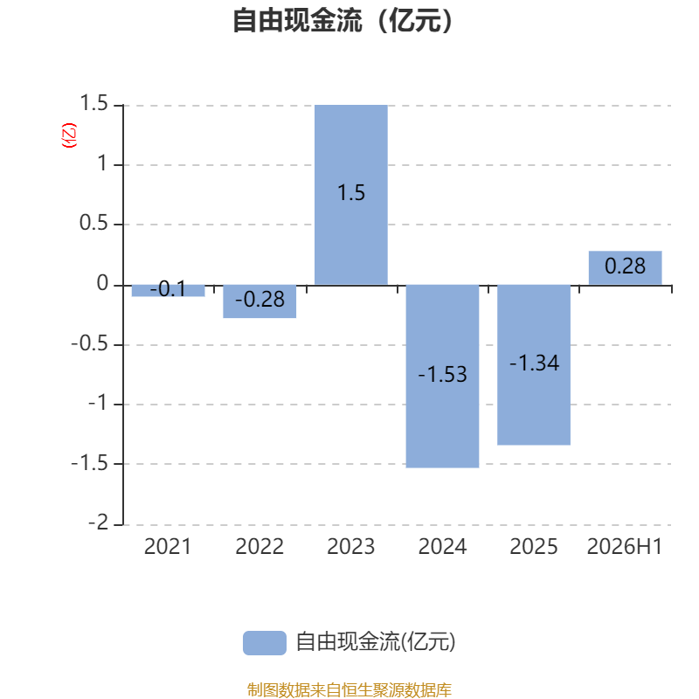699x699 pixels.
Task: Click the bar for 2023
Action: tap(351, 195)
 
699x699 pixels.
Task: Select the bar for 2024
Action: tap(442, 377)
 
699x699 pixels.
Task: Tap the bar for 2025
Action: tap(534, 364)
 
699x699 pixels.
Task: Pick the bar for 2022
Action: tap(260, 301)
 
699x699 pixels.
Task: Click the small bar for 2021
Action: tap(168, 291)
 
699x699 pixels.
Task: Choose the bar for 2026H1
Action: tap(625, 268)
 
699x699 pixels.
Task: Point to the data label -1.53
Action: tap(442, 374)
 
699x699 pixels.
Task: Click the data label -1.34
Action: tap(534, 363)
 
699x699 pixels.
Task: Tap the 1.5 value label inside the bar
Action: tap(351, 193)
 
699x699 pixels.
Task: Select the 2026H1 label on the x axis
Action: tap(625, 547)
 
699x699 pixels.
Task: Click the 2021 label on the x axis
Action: tap(168, 547)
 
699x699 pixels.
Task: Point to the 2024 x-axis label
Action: tap(442, 547)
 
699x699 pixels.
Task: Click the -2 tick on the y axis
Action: tap(98, 522)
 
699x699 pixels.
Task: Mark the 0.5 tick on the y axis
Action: tap(93, 223)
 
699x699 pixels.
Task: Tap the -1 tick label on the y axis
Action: tap(98, 403)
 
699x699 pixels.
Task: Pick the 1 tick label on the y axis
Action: tap(102, 163)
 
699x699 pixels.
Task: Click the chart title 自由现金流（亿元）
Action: tap(343, 20)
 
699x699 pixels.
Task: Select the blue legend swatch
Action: tap(265, 643)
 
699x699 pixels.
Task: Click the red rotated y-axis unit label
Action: tap(69, 135)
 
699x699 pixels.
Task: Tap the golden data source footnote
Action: tap(349, 689)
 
